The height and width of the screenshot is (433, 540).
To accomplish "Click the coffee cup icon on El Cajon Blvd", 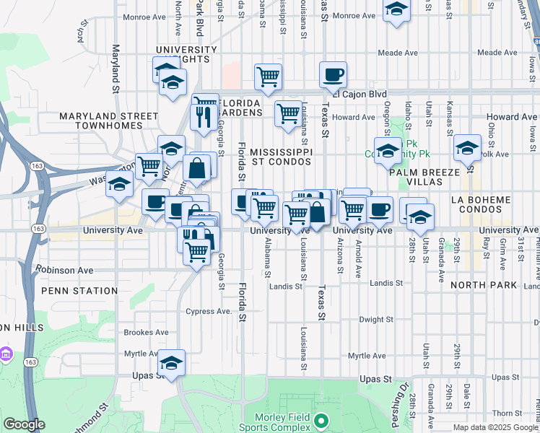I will pyautogui.click(x=333, y=74).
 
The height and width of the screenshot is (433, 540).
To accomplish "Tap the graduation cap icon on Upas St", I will pyautogui.click(x=172, y=362).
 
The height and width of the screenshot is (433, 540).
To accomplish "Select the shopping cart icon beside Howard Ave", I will pyautogui.click(x=288, y=113).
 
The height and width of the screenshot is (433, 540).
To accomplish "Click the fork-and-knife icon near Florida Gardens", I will pyautogui.click(x=200, y=115).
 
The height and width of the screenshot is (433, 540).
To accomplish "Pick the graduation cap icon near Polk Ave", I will pyautogui.click(x=467, y=148).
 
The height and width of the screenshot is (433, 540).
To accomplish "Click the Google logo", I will pyautogui.click(x=24, y=424).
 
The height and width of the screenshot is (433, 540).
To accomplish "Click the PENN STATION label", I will pyautogui.click(x=79, y=291).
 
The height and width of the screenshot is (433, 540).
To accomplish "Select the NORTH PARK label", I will pyautogui.click(x=483, y=286).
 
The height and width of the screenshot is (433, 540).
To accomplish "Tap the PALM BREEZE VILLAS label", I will pyautogui.click(x=424, y=178).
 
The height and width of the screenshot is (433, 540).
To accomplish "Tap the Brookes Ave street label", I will pyautogui.click(x=146, y=333).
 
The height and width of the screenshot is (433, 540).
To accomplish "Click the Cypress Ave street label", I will pyautogui.click(x=209, y=312).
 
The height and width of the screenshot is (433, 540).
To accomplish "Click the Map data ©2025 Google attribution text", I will pyautogui.click(x=495, y=427).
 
